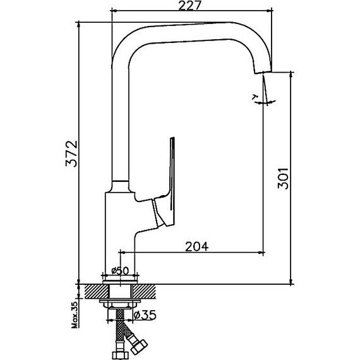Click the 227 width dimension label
pyautogui.click(x=189, y=5)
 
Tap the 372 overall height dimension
pyautogui.click(x=71, y=153)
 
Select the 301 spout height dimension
pyautogui.click(x=283, y=178)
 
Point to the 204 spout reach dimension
pyautogui.click(x=197, y=246)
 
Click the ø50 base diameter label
pyautogui.click(x=120, y=271)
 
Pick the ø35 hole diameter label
pyautogui.click(x=145, y=315)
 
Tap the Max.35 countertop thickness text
pyautogui.click(x=75, y=315)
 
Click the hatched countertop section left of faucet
pyautogui.click(x=97, y=292)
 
